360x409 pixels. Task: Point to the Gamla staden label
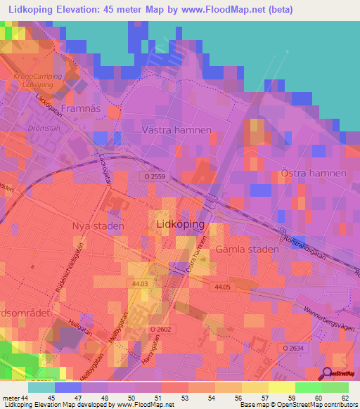(x=244, y=249)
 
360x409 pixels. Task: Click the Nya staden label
(x=98, y=226)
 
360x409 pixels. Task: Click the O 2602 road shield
(x=160, y=329)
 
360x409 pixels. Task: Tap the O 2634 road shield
(x=295, y=347)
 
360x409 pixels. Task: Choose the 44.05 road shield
(x=222, y=287)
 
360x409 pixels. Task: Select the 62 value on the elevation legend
(x=344, y=398)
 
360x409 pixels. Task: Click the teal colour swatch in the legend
(x=41, y=387)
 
